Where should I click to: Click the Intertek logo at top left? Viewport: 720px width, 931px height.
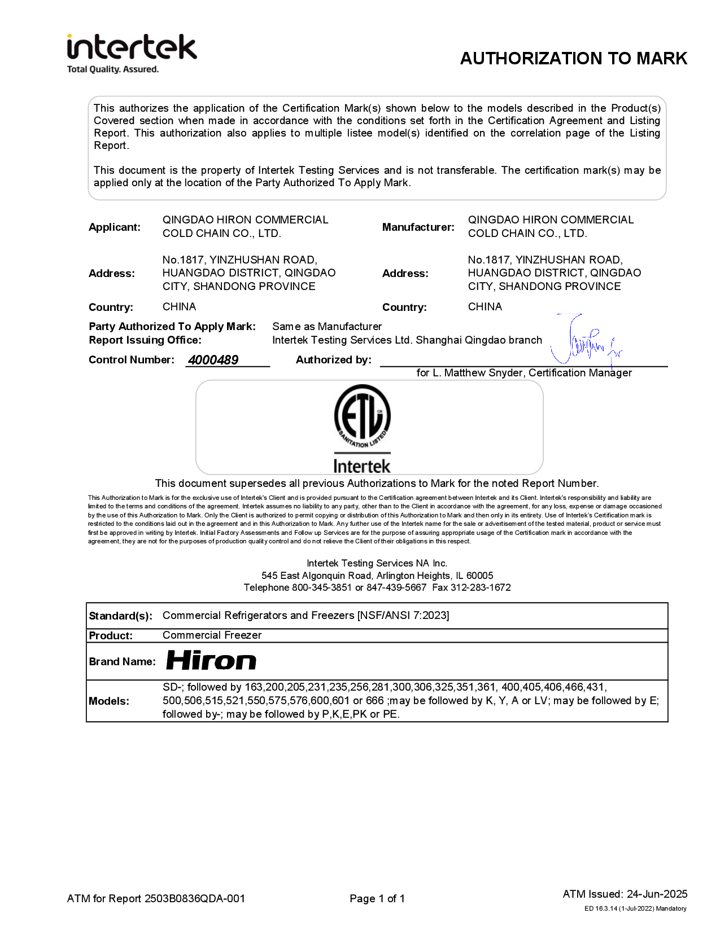pos(132,47)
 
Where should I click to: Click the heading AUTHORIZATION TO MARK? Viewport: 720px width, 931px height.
pos(573,59)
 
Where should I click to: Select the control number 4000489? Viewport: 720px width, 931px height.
pos(213,360)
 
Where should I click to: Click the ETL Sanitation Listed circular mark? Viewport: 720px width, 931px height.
pos(362,416)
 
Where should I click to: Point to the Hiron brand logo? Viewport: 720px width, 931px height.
pos(211,661)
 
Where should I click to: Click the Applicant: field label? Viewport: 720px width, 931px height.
pos(115,227)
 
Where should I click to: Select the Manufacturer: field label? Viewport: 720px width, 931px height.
pos(418,227)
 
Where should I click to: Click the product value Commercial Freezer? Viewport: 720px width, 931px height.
pos(212,635)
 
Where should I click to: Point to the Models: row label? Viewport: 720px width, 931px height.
pos(109,701)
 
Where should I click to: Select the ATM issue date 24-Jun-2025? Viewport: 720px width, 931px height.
pos(657,894)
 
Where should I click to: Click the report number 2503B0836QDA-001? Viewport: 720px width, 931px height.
pos(195,899)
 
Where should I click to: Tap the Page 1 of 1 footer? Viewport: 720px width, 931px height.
pos(377,899)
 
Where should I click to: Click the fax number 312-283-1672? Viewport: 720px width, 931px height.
pos(481,587)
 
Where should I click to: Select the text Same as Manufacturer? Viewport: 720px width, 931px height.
pos(327,327)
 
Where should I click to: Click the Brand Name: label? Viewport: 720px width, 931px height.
pos(122,662)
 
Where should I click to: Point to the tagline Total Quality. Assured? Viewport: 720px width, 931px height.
pos(113,69)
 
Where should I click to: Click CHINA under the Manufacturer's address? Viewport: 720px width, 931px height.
pos(485,307)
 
